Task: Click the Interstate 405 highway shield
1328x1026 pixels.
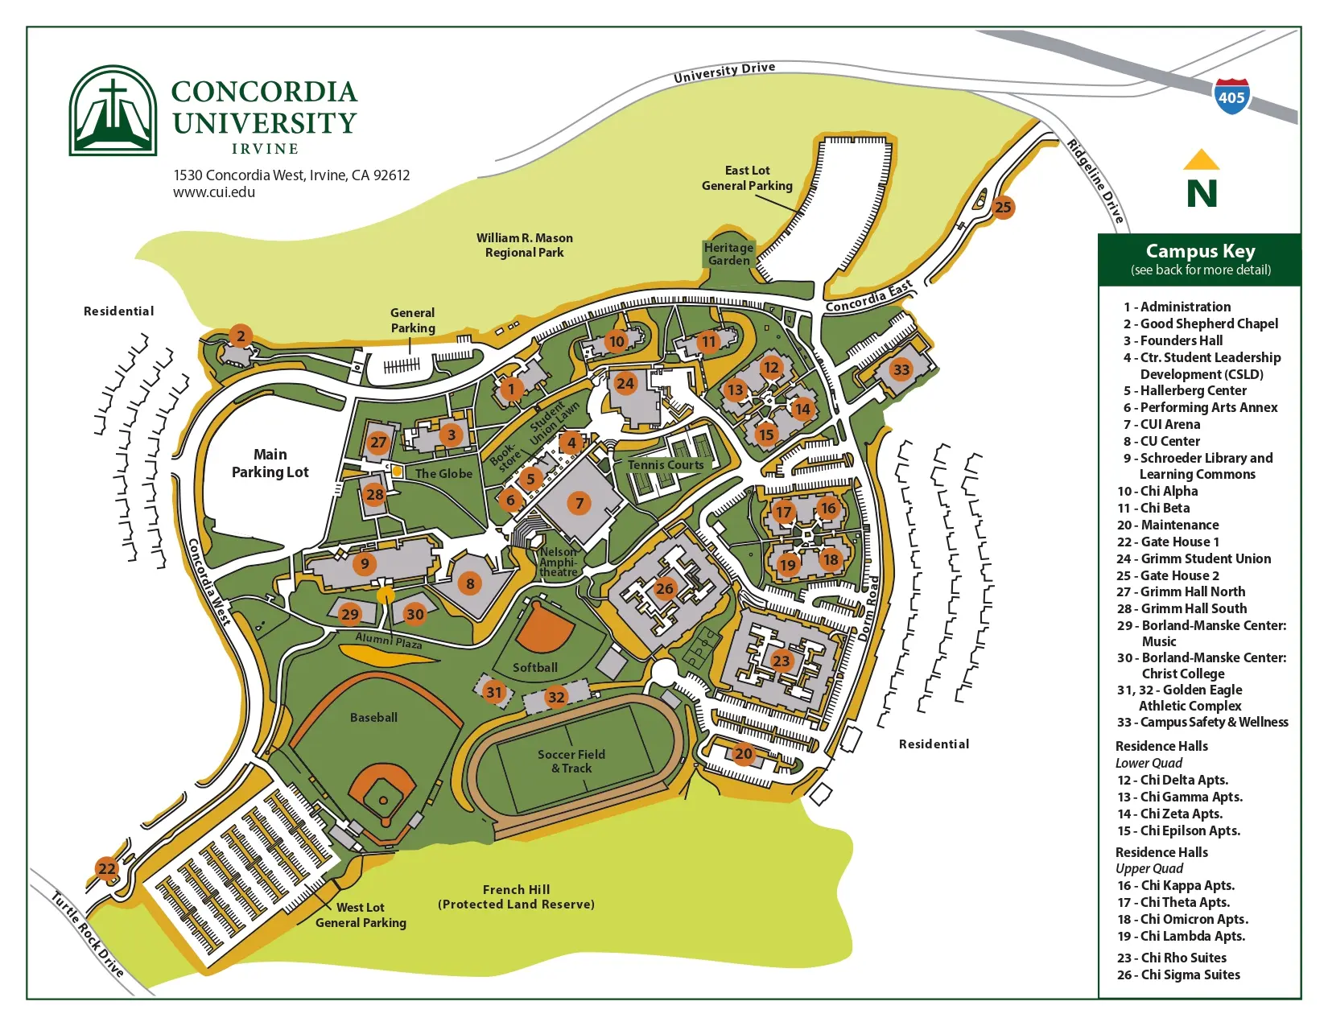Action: [1231, 97]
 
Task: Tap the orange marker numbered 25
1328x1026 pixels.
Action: [1003, 208]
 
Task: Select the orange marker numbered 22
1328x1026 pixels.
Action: [107, 868]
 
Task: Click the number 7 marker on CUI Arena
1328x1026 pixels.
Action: [579, 504]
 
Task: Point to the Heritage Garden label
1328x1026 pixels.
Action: [729, 254]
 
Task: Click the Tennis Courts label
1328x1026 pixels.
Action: [666, 465]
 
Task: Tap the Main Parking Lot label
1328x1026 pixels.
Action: [270, 464]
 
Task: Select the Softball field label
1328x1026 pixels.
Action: [535, 668]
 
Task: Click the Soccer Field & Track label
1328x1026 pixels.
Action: [571, 761]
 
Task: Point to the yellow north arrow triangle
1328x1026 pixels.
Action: [1201, 160]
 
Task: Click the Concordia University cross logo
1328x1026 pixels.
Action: [113, 110]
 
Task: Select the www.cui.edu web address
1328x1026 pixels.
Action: [214, 192]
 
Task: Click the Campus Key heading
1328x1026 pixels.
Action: [1200, 251]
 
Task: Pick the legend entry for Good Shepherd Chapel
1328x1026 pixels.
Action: [1200, 323]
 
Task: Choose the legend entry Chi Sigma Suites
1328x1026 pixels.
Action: [1178, 974]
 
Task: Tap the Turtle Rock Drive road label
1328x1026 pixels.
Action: [87, 934]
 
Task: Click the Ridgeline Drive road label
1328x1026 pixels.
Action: [1095, 181]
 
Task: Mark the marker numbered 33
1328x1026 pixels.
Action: [901, 369]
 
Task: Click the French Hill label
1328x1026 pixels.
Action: [516, 889]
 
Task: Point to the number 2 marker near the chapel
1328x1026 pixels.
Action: [240, 336]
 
